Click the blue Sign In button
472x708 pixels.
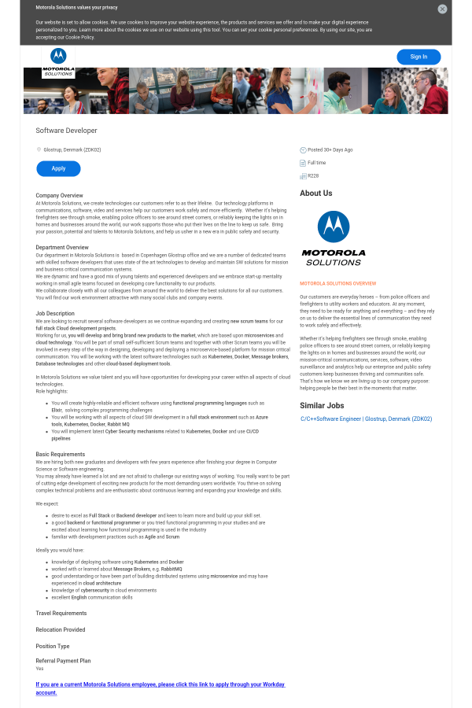[419, 57]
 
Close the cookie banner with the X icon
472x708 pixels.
[442, 9]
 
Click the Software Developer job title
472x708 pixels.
[66, 131]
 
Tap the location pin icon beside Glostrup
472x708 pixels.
[39, 149]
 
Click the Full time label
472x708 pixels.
[316, 163]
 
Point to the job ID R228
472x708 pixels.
[313, 175]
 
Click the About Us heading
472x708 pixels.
[315, 194]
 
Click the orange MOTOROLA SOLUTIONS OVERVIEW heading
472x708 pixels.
[337, 283]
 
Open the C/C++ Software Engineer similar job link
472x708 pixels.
[366, 419]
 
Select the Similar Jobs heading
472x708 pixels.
[322, 406]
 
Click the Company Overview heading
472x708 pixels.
[59, 195]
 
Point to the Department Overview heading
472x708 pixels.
[62, 248]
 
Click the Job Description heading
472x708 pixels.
[55, 313]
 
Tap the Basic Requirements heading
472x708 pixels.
[60, 454]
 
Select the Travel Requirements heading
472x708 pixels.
[61, 613]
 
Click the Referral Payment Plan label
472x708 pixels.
[63, 661]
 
